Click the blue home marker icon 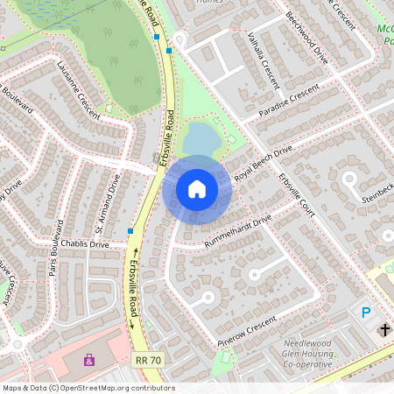(197, 188)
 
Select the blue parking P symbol (367, 312)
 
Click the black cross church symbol (385, 329)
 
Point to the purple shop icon (88, 359)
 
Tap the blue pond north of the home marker (200, 138)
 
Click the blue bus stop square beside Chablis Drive (130, 231)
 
